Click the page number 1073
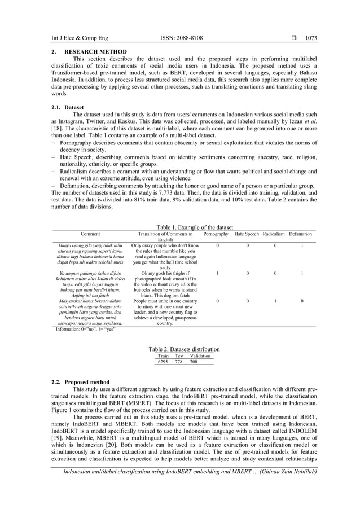pyautogui.click(x=311, y=38)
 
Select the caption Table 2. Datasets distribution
pyautogui.click(x=183, y=350)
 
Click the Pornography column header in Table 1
pyautogui.click(x=216, y=234)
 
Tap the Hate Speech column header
pyautogui.click(x=247, y=234)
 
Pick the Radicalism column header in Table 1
pyautogui.click(x=275, y=234)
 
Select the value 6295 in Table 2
pyautogui.click(x=163, y=362)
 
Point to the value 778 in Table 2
pyautogui.click(x=179, y=362)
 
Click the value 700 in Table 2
pyautogui.click(x=194, y=362)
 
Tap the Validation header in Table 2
pyautogui.click(x=200, y=356)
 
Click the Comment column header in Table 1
pyautogui.click(x=90, y=234)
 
